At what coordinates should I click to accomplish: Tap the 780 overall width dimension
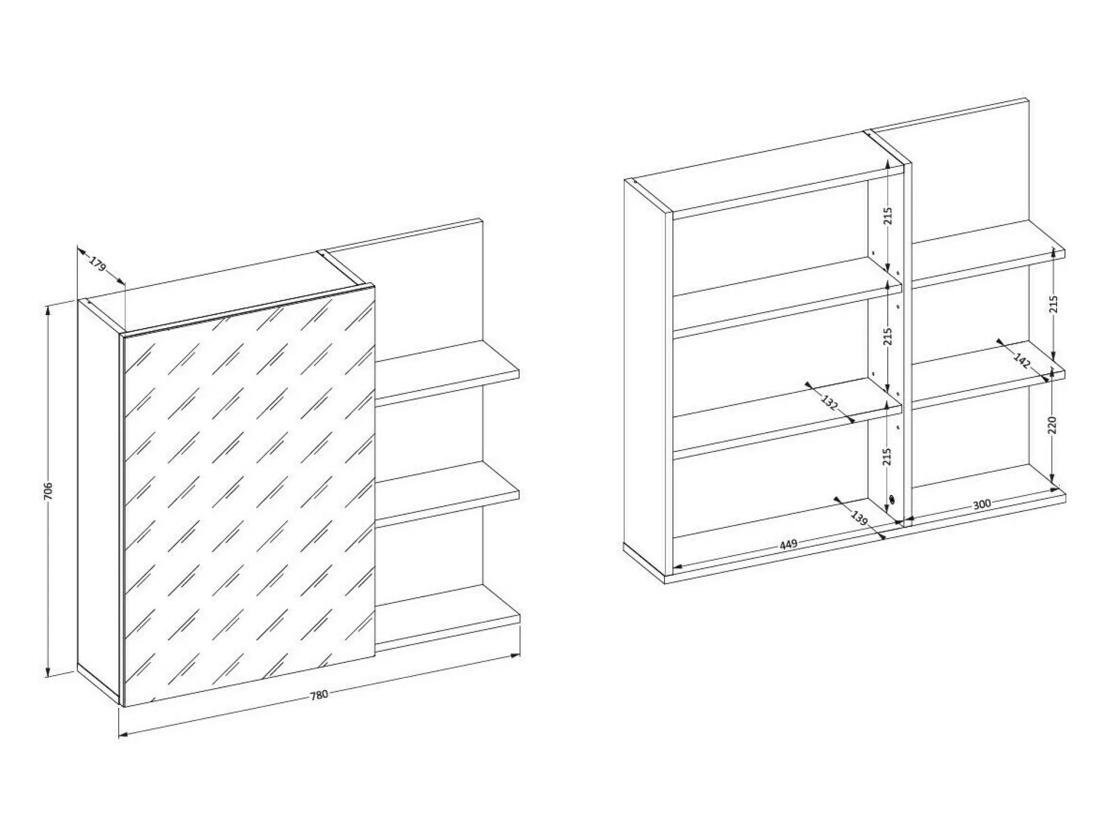tap(319, 694)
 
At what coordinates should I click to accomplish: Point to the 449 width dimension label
tap(788, 544)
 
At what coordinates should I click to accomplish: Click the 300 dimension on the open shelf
tap(982, 504)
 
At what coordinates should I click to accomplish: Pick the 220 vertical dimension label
tap(1051, 426)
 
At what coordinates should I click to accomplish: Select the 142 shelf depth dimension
tap(1022, 361)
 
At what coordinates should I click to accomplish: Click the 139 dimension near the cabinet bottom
tap(860, 518)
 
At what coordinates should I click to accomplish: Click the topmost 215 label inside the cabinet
tap(888, 216)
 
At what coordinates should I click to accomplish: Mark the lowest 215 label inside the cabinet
tap(888, 457)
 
